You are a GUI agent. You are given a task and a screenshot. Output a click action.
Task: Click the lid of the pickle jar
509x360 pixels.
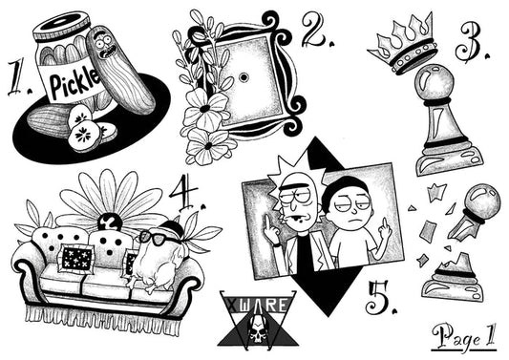tap(61, 26)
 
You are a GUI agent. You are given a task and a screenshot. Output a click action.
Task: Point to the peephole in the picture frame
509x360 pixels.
tap(244, 77)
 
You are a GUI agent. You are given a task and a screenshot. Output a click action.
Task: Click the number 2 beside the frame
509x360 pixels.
tap(315, 30)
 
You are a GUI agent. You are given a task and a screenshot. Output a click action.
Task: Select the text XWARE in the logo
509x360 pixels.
tap(257, 306)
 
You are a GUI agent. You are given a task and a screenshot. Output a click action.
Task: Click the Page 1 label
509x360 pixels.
tap(464, 336)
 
